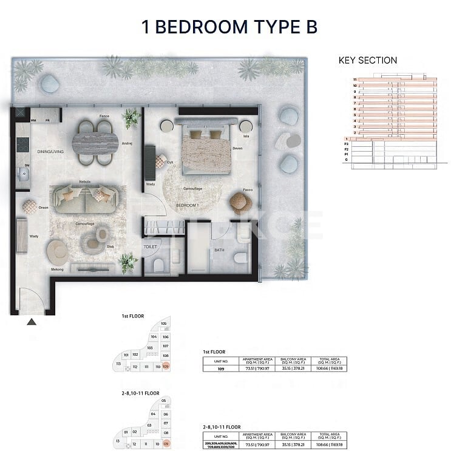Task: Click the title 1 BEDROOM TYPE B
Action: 229,27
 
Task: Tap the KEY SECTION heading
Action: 367,60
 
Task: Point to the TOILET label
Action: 151,247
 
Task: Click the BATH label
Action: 219,249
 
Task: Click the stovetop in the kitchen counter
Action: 22,144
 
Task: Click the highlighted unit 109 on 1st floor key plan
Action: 165,367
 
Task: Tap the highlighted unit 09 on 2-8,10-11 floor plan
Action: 165,444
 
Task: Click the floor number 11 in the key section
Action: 354,80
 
